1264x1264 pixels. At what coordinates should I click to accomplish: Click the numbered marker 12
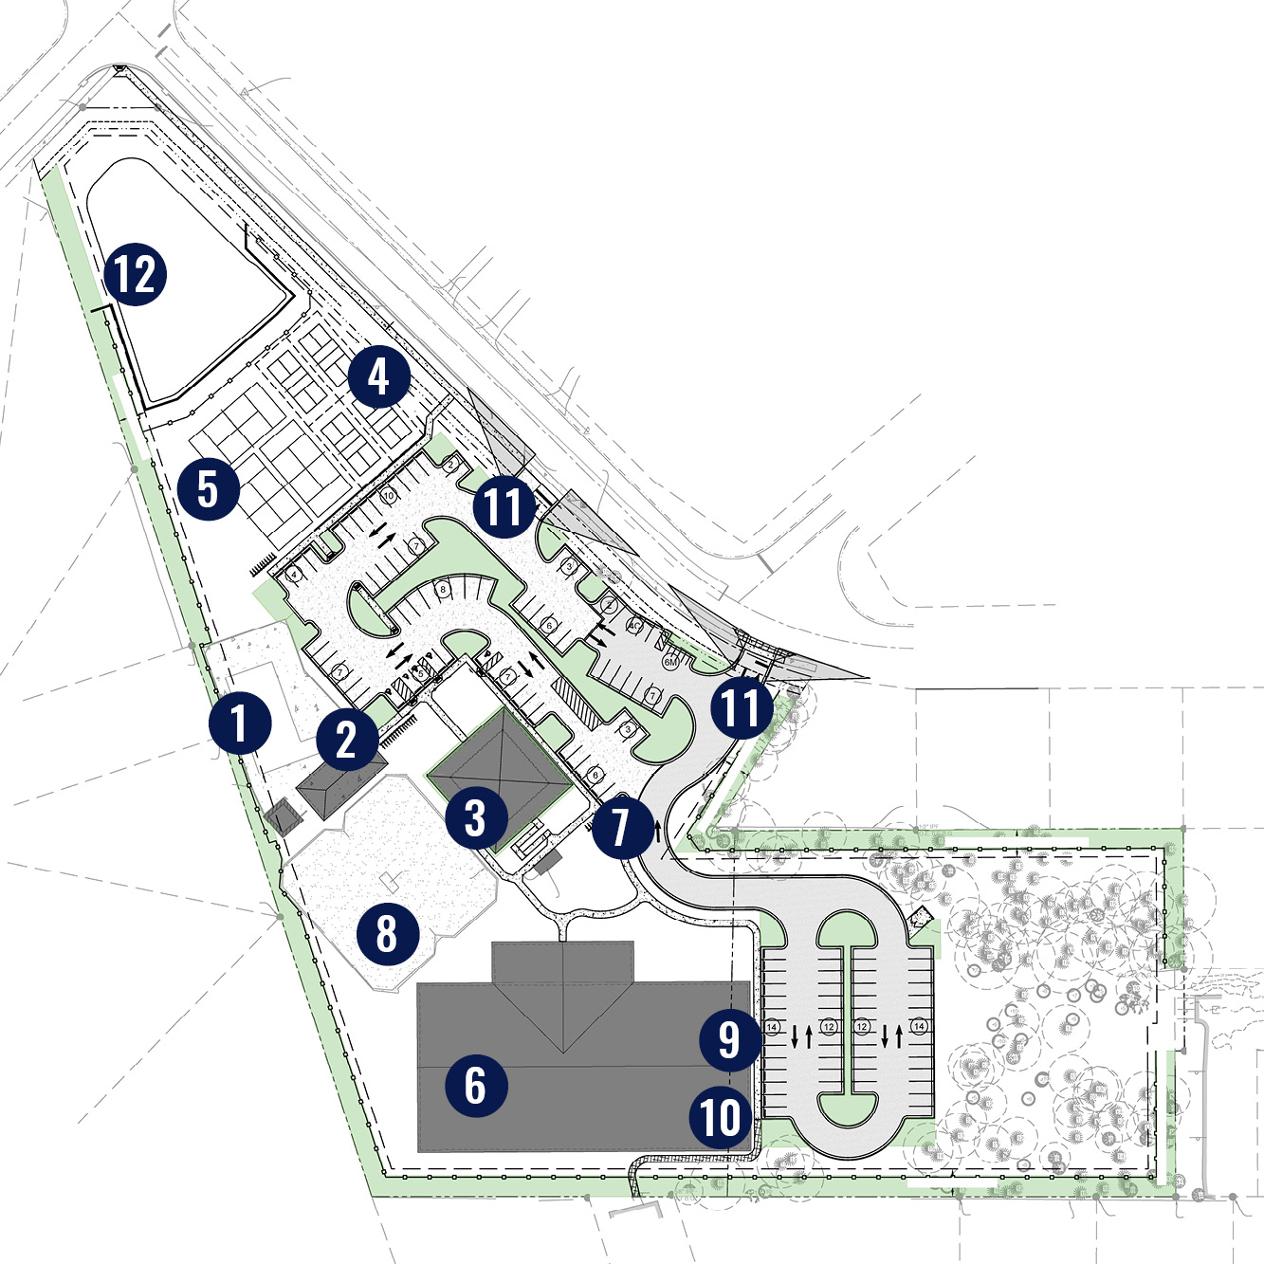tap(136, 274)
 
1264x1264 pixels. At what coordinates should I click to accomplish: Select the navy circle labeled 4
tap(378, 376)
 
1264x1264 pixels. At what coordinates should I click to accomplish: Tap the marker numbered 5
tap(209, 489)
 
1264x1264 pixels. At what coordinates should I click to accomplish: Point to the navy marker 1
tap(240, 724)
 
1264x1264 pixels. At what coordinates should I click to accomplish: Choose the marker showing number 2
tap(347, 739)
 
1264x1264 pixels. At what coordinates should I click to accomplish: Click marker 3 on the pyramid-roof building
tap(476, 818)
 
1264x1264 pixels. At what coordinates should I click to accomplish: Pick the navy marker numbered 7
tap(622, 827)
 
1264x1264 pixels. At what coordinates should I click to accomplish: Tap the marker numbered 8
tap(387, 932)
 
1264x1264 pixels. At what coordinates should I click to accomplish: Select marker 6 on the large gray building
tap(475, 1085)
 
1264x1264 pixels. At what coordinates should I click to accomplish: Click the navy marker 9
tap(729, 1039)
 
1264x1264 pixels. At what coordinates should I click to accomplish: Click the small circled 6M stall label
tap(670, 662)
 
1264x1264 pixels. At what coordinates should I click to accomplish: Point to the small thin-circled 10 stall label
tap(388, 496)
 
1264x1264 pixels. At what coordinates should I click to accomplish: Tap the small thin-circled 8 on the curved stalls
tap(442, 590)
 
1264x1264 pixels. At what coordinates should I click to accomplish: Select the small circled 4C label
tap(634, 627)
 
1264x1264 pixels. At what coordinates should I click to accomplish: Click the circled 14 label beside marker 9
tap(772, 1027)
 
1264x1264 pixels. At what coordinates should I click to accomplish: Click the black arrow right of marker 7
tap(657, 833)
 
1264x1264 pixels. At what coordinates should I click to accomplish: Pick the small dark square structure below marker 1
tap(283, 816)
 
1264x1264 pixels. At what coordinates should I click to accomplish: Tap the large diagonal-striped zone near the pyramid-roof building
tap(577, 703)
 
